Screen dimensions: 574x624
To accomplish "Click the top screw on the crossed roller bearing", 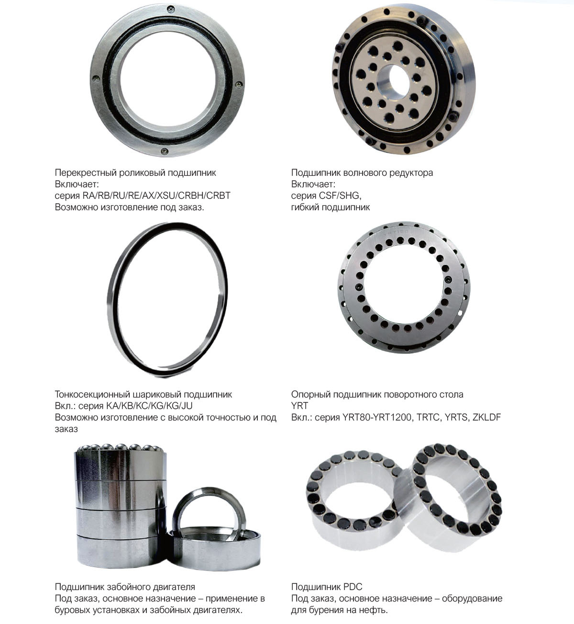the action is pyautogui.click(x=171, y=9).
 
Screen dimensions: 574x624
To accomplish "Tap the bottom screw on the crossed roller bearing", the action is pyautogui.click(x=165, y=151).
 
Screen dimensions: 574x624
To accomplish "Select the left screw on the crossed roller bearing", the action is pyautogui.click(x=96, y=79).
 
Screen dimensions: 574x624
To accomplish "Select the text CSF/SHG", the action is pyautogui.click(x=340, y=195).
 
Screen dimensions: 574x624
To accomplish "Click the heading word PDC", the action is pyautogui.click(x=353, y=587).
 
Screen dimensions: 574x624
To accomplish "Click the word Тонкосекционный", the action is pyautogui.click(x=92, y=395).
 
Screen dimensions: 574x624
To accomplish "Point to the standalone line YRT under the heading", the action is pyautogui.click(x=299, y=406).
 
